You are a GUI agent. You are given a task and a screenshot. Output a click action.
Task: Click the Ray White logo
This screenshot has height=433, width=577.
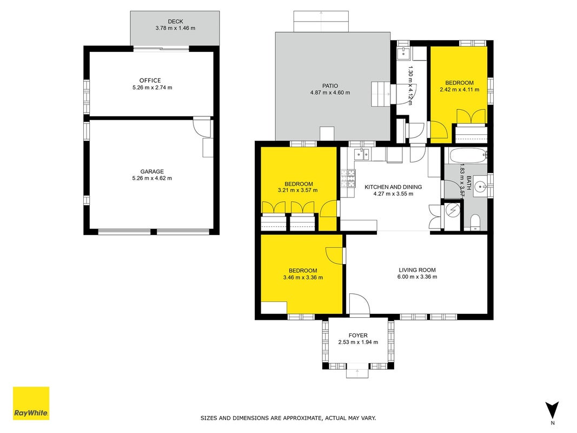31,403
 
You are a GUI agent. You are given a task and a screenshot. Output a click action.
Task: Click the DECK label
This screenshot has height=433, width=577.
176,21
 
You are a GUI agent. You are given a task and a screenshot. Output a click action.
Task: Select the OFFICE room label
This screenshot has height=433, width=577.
150,80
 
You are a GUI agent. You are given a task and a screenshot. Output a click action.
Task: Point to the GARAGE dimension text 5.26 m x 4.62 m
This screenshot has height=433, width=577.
152,178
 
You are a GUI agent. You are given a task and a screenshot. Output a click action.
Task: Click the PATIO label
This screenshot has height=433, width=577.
330,86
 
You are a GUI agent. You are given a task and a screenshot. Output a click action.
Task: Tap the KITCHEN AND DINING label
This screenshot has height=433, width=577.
393,187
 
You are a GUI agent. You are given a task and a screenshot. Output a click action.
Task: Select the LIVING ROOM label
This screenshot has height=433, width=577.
417,270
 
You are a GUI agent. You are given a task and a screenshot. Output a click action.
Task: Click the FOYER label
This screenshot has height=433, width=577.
358,336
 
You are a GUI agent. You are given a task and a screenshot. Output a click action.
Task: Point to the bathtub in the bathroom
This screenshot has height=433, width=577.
466,156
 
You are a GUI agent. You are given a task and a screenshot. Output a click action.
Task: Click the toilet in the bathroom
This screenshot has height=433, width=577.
475,222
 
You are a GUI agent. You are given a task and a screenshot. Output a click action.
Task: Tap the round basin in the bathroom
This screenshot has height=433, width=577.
480,187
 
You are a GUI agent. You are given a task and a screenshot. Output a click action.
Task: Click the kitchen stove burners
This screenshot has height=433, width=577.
348,178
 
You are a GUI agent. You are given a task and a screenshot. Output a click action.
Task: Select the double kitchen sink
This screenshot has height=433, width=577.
362,155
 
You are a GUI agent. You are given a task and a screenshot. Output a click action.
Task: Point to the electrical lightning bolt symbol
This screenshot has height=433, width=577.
452,210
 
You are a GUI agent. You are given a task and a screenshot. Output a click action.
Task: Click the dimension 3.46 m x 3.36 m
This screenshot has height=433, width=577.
303,278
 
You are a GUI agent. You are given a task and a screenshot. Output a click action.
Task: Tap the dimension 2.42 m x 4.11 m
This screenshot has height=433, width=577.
459,89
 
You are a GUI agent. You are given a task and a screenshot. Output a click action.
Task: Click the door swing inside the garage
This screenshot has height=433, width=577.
202,127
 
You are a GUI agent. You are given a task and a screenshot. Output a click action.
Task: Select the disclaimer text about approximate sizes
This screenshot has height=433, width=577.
288,418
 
